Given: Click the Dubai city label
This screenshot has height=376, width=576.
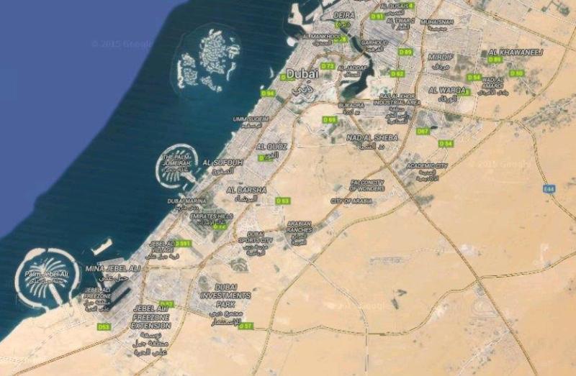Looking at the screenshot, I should (x=302, y=73).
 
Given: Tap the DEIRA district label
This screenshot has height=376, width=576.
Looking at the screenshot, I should (x=346, y=14).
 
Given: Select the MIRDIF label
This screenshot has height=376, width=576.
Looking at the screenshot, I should (x=441, y=56).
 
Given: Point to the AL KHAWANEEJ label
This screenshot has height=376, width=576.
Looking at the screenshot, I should (x=516, y=52).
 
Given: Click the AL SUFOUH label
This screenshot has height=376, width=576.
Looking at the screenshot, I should (x=224, y=162).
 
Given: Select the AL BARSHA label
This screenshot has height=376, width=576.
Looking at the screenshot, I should (x=246, y=190).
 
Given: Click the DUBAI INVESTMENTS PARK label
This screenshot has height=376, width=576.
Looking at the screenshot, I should (x=225, y=295).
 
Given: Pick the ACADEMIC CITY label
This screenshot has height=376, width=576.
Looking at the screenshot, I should (x=427, y=166).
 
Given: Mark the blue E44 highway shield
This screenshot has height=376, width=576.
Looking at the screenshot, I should (x=550, y=188).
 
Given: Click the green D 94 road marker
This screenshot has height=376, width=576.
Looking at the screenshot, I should (x=269, y=93).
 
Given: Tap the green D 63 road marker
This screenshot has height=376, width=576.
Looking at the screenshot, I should (x=283, y=201).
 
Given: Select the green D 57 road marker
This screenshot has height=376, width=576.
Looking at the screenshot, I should (x=246, y=326).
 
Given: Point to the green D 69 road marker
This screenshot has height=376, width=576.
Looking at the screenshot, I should (x=330, y=119).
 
